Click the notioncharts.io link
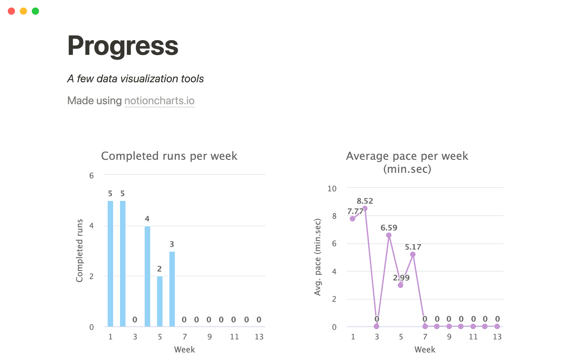tap(159, 101)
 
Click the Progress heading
tap(123, 46)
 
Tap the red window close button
tap(11, 11)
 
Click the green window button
tap(35, 11)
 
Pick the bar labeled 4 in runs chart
tap(147, 276)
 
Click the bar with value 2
tap(160, 301)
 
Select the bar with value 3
tap(172, 289)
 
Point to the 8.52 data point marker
tap(365, 208)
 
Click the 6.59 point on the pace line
tap(389, 235)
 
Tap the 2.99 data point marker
tap(400, 285)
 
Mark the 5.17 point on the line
tap(413, 254)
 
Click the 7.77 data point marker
tap(352, 219)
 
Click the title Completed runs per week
tap(169, 156)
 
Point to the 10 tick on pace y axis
tap(332, 189)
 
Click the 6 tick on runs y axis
tap(91, 175)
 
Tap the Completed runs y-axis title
tap(79, 250)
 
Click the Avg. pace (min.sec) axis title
tap(317, 257)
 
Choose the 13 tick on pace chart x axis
tap(497, 337)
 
